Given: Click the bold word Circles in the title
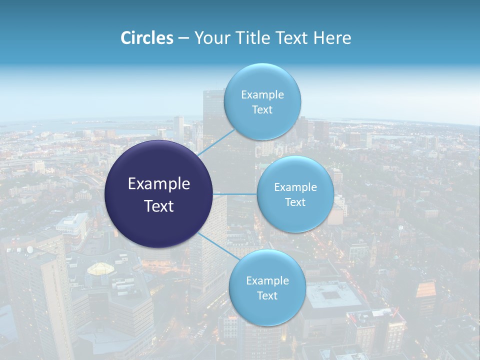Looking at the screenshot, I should (x=147, y=38).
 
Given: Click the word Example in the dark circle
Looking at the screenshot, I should (x=159, y=184).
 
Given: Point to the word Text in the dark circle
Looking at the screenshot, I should (x=159, y=206).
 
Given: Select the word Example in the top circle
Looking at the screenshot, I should (x=262, y=95).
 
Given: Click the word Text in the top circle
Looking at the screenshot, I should (x=262, y=110).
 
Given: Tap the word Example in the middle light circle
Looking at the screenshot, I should (x=295, y=187).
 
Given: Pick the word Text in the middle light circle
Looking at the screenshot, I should (x=295, y=202).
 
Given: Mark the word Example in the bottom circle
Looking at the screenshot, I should (x=267, y=281).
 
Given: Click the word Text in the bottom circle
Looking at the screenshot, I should (x=267, y=296).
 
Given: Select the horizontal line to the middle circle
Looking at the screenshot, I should (x=235, y=194).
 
